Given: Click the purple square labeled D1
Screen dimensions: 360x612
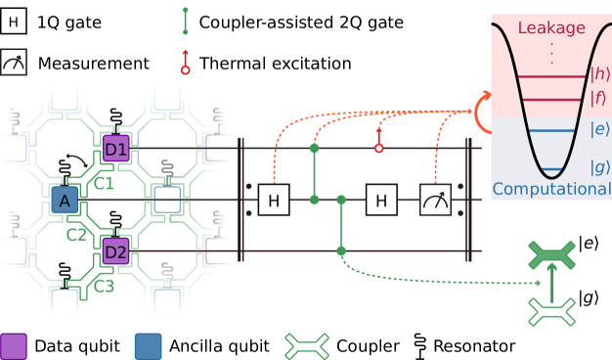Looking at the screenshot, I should pyautogui.click(x=116, y=149).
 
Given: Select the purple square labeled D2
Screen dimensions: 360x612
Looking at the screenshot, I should pyautogui.click(x=116, y=251).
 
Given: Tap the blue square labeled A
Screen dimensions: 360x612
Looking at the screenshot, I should pyautogui.click(x=65, y=200).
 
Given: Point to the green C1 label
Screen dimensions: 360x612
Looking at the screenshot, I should pyautogui.click(x=103, y=183).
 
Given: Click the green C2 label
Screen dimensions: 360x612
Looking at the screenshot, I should pyautogui.click(x=76, y=235).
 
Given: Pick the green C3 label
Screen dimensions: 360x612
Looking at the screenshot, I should pyautogui.click(x=104, y=287).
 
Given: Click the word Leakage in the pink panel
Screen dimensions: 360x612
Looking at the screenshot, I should pyautogui.click(x=551, y=28).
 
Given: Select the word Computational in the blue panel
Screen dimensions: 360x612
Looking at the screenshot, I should pyautogui.click(x=551, y=189).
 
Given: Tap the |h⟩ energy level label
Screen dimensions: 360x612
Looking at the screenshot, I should pyautogui.click(x=600, y=74).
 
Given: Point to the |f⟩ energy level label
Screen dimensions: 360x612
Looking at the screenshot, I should pyautogui.click(x=600, y=98).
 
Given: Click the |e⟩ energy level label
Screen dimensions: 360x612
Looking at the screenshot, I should pyautogui.click(x=599, y=129).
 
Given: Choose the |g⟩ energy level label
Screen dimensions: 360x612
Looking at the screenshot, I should pyautogui.click(x=599, y=166).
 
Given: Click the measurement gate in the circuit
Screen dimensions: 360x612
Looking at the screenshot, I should pyautogui.click(x=435, y=200).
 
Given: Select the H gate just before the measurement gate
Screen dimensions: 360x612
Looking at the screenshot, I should pyautogui.click(x=381, y=200).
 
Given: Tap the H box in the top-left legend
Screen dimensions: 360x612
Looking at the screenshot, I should pyautogui.click(x=14, y=22).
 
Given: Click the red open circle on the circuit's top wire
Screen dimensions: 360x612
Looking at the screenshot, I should pyautogui.click(x=379, y=149).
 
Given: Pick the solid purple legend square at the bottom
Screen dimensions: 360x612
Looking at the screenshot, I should pyautogui.click(x=14, y=346).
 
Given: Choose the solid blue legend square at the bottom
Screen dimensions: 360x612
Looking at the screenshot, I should pyautogui.click(x=148, y=346).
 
